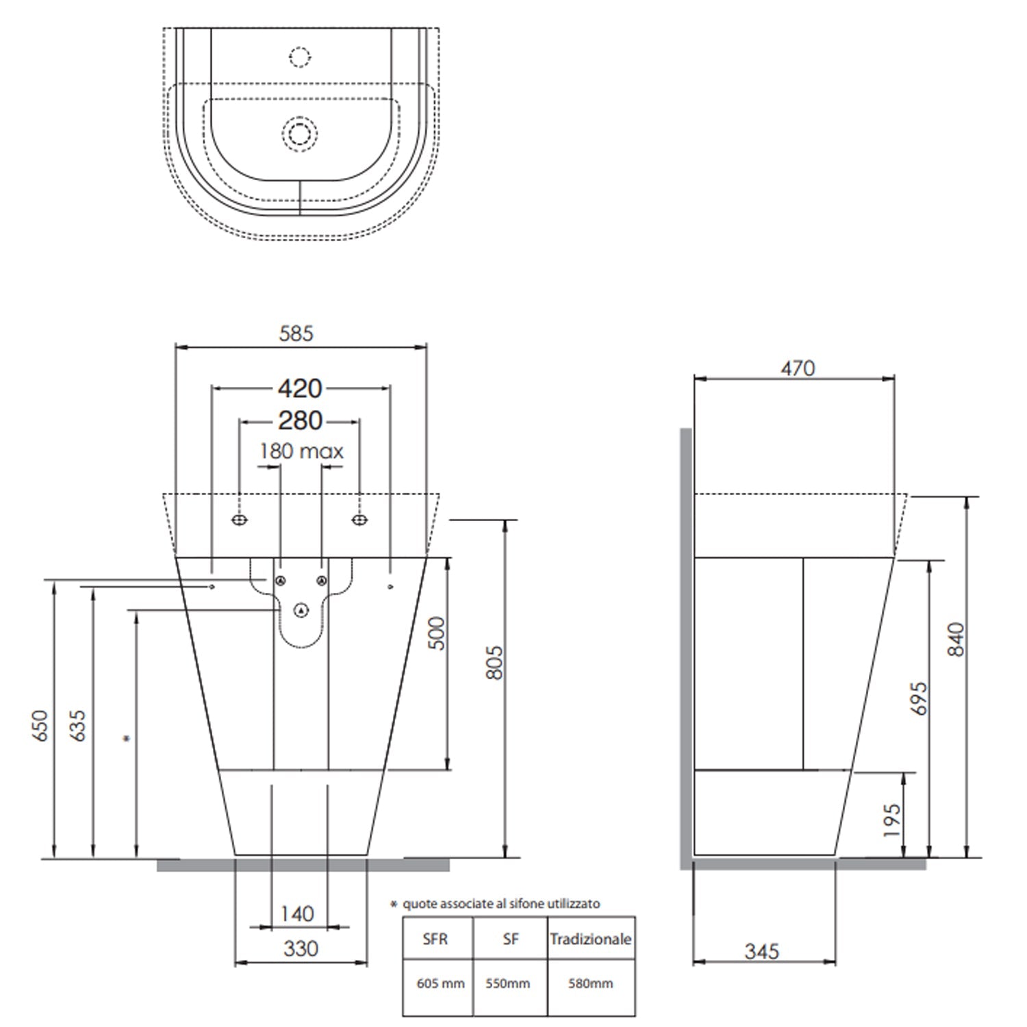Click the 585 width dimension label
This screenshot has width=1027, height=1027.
tap(296, 333)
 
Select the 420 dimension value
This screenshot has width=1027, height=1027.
tap(300, 389)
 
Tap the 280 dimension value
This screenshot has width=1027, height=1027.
tap(300, 420)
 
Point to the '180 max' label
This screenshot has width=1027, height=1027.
tap(301, 451)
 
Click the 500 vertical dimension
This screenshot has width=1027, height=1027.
tap(436, 633)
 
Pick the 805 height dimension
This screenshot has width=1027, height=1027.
tap(494, 662)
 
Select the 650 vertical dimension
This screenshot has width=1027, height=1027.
tap(40, 725)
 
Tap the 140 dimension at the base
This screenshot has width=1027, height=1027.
tap(297, 913)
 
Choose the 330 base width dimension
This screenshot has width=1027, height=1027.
tap(301, 948)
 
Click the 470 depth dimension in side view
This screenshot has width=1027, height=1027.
tap(798, 368)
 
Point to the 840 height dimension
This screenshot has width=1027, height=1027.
tap(956, 639)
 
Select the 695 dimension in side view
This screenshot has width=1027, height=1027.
tap(919, 698)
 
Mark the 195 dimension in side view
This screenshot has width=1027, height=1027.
tap(891, 820)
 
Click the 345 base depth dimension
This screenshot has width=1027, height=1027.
tap(761, 951)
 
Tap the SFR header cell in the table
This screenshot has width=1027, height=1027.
tap(435, 939)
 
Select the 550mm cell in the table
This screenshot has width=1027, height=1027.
tap(508, 984)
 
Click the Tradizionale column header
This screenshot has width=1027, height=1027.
tap(590, 939)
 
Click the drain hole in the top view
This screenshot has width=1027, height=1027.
tap(299, 132)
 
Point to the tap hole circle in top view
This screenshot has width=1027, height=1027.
tap(299, 58)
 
